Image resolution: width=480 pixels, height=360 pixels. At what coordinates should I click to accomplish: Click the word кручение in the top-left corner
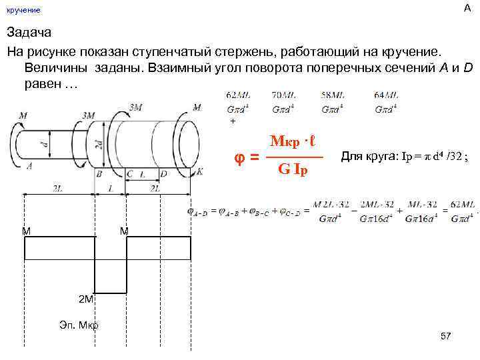pos(23,10)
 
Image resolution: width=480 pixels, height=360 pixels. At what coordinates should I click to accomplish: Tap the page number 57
pos(446,336)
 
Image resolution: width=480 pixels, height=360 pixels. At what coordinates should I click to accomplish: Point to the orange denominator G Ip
pos(293,170)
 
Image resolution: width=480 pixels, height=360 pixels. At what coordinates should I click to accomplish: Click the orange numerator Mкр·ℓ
pos(292,143)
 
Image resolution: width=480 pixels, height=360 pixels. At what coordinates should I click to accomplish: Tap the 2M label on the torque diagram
pos(86,299)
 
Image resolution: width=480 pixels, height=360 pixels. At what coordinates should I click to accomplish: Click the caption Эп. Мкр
pos(79,325)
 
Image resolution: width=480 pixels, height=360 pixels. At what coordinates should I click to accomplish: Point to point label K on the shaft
pos(199,171)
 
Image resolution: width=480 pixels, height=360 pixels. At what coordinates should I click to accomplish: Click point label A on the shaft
pos(29,167)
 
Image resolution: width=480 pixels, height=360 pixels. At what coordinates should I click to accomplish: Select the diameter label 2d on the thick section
pos(97,144)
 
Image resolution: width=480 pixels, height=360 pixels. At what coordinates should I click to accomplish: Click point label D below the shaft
pos(163,173)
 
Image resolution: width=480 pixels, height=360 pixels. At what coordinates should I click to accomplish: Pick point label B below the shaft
pos(99,173)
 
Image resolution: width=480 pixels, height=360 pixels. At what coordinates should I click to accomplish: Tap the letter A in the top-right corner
pos(466,7)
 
